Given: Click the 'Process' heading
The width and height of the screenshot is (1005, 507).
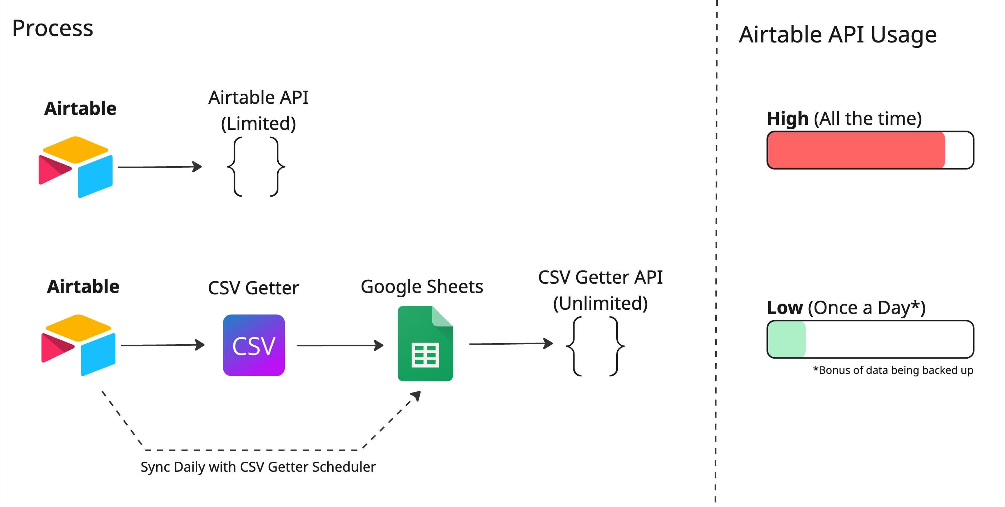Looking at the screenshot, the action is (x=53, y=29).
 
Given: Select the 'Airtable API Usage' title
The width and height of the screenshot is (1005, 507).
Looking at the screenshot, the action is (x=838, y=35).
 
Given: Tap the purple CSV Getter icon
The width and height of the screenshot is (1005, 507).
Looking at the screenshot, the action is (x=254, y=345).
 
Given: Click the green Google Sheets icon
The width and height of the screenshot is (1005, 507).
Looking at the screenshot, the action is (x=425, y=343).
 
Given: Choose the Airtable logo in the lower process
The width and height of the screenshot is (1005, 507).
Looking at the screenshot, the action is (x=78, y=345).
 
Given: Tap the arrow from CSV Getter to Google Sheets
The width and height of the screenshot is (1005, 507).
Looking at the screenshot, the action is (x=340, y=345).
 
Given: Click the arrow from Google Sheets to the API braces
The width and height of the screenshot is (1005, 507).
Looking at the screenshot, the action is (x=511, y=344).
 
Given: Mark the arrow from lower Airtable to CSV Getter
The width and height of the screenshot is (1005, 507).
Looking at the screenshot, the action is (x=163, y=345).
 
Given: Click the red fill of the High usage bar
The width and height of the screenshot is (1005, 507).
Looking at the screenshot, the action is (x=856, y=150).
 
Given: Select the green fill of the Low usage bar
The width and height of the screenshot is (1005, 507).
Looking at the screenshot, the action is (x=786, y=339).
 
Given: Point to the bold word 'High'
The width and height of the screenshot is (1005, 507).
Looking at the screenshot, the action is (x=788, y=118).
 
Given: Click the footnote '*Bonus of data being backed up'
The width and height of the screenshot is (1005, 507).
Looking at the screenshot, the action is (x=893, y=370).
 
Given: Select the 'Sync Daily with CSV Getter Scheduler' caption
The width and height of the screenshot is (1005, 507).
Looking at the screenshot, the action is (x=258, y=467).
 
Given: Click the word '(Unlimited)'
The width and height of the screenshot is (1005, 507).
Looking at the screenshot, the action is (x=601, y=303).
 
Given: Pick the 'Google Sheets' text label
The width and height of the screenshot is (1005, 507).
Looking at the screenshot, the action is (x=422, y=287).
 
